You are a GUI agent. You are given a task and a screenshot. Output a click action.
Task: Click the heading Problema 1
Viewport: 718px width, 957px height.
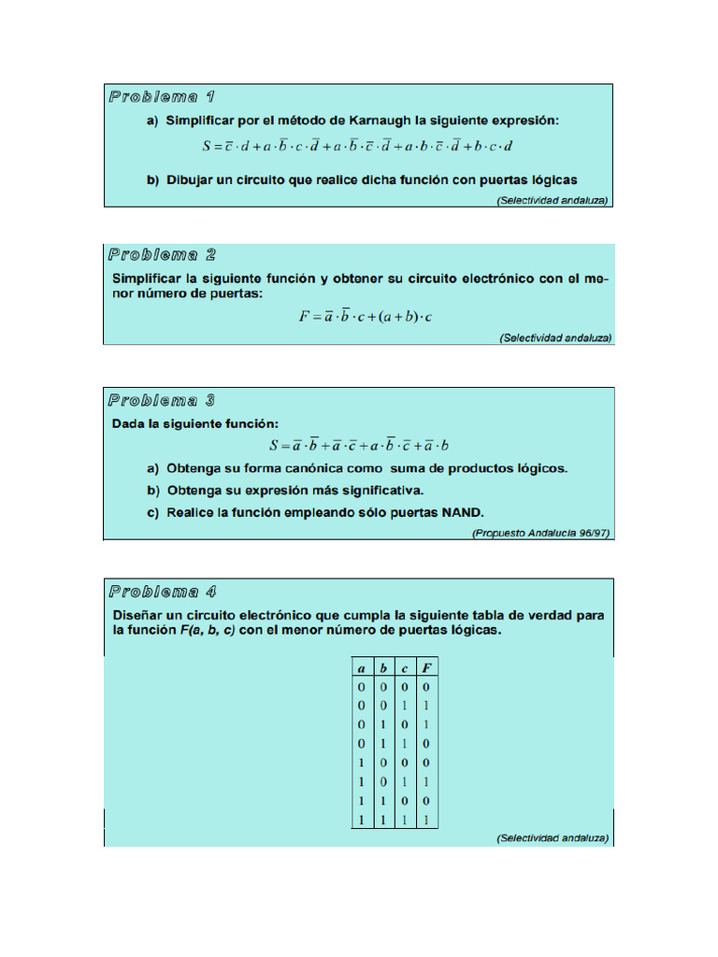[163, 96]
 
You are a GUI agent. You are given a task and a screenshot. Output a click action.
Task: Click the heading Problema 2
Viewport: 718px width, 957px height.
[163, 254]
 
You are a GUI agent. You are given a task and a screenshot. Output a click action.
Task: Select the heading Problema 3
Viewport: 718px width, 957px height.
[163, 400]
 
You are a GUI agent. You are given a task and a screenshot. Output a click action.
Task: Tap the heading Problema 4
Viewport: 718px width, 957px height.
[163, 591]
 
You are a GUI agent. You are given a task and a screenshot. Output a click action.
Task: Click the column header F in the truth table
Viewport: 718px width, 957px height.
[426, 668]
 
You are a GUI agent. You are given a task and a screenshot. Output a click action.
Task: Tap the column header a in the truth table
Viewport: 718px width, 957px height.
[361, 668]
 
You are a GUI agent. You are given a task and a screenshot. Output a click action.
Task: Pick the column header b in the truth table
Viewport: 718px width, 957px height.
[383, 668]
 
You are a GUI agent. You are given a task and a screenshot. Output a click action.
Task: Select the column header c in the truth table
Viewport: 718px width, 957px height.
[405, 668]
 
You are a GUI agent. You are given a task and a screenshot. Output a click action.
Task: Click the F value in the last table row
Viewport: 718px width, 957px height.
[426, 820]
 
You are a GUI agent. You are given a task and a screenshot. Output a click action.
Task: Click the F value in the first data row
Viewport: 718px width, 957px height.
[426, 686]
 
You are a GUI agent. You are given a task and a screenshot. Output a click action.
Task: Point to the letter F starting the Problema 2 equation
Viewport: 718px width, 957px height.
[304, 317]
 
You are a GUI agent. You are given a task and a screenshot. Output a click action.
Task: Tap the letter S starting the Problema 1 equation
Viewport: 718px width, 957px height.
[208, 146]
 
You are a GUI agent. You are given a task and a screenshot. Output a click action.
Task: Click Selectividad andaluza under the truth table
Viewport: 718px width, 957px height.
[553, 837]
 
